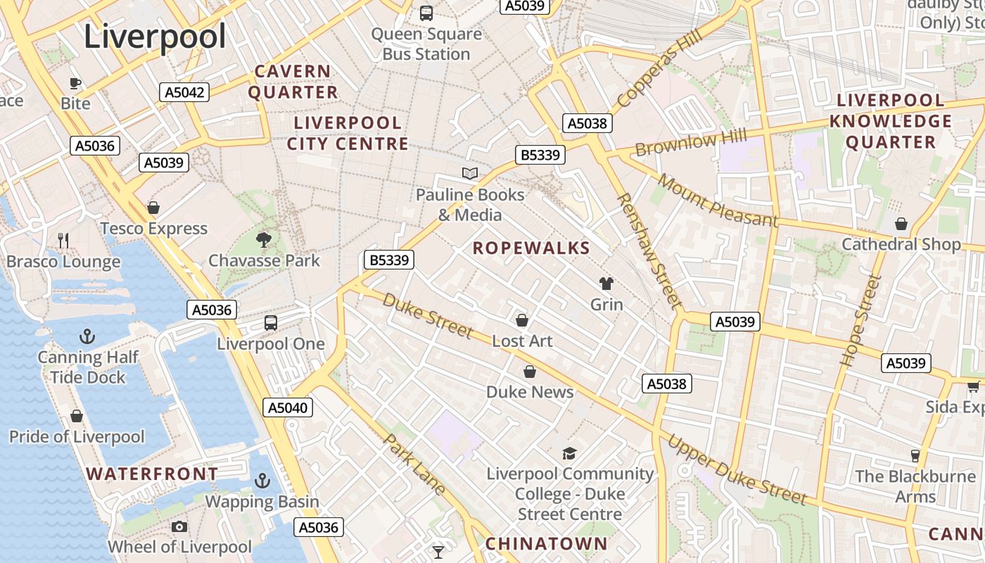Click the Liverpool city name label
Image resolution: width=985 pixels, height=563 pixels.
(x=155, y=37)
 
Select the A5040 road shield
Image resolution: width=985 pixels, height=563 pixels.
(x=288, y=407)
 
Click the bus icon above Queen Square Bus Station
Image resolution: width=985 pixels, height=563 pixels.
(x=426, y=13)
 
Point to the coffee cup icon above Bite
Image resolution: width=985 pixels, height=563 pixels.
(x=75, y=83)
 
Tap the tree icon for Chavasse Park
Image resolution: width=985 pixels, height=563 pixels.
(x=264, y=240)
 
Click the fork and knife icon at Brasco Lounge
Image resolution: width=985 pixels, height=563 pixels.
(x=63, y=241)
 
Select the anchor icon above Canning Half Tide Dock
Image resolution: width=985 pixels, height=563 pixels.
(x=87, y=336)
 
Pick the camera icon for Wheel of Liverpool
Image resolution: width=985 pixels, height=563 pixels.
(x=179, y=526)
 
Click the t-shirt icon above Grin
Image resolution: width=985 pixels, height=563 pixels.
(x=606, y=284)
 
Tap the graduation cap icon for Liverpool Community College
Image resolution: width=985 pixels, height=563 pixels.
(x=569, y=454)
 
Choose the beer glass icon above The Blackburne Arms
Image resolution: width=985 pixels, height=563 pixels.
(x=915, y=455)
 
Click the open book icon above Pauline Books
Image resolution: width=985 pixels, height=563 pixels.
(x=470, y=173)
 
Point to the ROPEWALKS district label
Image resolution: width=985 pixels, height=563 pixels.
(x=531, y=248)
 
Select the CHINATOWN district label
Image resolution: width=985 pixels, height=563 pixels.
(x=546, y=543)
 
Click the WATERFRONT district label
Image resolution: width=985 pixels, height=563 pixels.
(x=153, y=474)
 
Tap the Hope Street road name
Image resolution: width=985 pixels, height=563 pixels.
(x=860, y=320)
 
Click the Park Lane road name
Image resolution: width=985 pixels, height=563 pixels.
(x=414, y=464)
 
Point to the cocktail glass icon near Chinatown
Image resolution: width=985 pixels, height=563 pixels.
(x=438, y=552)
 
